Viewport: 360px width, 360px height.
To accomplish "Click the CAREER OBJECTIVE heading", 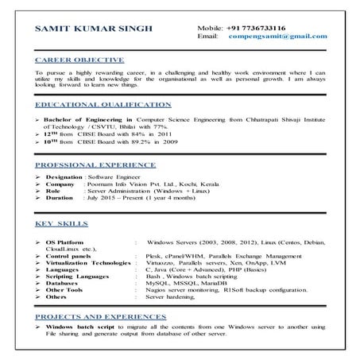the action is [79, 60].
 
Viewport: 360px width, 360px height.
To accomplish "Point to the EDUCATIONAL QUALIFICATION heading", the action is [103, 104].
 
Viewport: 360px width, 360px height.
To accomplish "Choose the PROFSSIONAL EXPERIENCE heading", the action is [99, 161].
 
